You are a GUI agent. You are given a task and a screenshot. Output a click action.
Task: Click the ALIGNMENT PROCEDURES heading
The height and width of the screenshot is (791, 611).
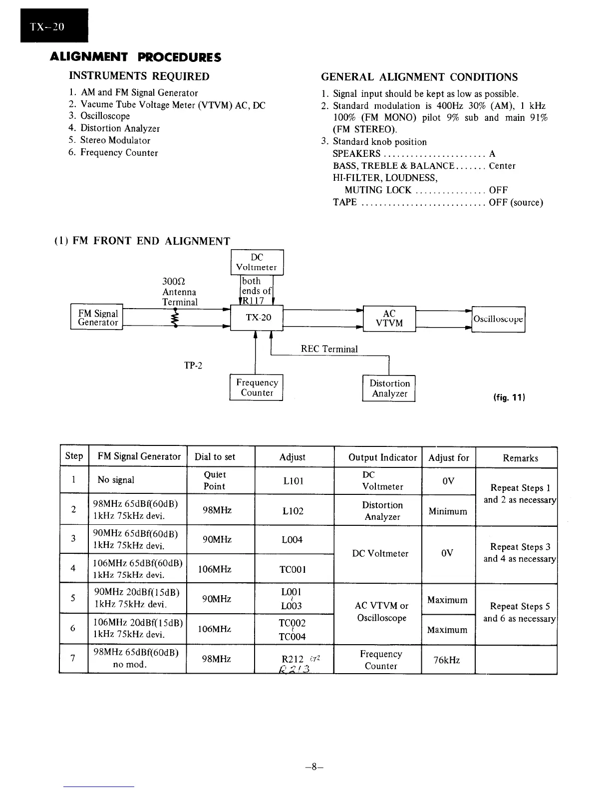(x=136, y=57)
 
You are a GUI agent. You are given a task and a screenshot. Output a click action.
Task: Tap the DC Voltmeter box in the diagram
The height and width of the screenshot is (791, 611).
(x=257, y=262)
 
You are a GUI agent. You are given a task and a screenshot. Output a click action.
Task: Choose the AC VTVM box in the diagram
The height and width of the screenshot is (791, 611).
(x=389, y=318)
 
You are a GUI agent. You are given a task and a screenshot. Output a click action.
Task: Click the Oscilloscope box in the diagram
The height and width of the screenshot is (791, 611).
(x=498, y=319)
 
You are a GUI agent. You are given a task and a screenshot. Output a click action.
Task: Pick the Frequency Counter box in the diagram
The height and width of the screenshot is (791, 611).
(x=257, y=388)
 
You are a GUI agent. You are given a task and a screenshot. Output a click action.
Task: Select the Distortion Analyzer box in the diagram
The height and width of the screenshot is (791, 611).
(x=389, y=389)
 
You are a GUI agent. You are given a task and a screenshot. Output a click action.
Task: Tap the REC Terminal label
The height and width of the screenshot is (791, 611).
(x=329, y=349)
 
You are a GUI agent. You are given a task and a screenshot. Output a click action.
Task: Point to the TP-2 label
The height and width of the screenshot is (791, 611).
(x=193, y=366)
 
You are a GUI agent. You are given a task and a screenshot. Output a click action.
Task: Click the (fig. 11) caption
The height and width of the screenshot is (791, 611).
(x=509, y=397)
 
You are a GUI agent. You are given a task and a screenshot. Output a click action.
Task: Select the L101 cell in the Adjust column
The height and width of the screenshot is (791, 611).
(x=292, y=481)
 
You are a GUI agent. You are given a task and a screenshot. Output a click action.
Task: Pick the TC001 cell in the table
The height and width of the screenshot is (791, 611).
(x=293, y=569)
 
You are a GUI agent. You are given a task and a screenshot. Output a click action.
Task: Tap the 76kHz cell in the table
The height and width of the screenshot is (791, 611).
(x=447, y=660)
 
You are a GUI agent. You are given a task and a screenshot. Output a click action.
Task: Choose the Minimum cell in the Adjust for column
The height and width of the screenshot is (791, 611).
(x=448, y=511)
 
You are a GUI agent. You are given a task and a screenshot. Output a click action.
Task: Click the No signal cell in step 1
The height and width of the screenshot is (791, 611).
(x=116, y=480)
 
